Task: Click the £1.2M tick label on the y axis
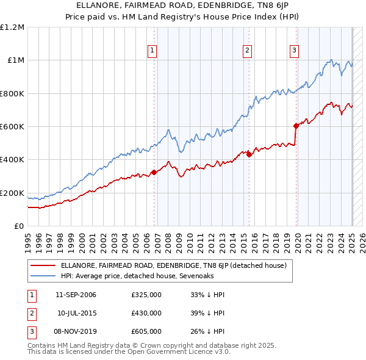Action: [x=13, y=27]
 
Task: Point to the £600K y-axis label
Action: [x=12, y=127]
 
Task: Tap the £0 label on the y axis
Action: [x=20, y=226]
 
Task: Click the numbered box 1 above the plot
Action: [x=151, y=51]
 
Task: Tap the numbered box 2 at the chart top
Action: [x=247, y=51]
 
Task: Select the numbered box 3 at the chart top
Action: [x=294, y=51]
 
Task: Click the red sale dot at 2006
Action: [x=154, y=172]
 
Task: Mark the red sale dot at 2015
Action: [x=249, y=155]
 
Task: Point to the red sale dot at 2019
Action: [x=296, y=126]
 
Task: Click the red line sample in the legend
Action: [x=42, y=265]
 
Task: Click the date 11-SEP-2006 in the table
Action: [x=76, y=295]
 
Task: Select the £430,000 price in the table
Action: [x=146, y=313]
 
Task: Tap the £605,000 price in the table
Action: [x=146, y=331]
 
